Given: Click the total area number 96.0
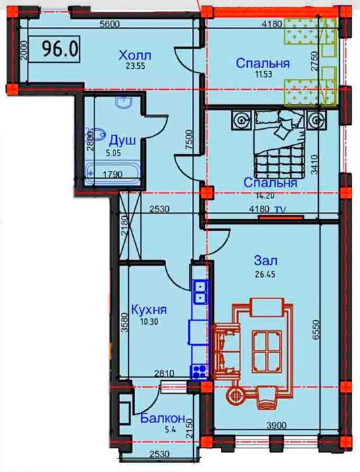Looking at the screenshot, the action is [x=60, y=49].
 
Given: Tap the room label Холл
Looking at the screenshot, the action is [x=135, y=56].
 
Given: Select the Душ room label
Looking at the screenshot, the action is [x=122, y=140].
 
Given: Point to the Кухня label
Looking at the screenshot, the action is [x=149, y=309].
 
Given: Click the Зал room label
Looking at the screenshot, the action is [x=265, y=261].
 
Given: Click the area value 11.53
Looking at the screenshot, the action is [x=264, y=74].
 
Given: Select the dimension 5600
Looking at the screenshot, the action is [x=109, y=24].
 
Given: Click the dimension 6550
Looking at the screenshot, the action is [x=315, y=330].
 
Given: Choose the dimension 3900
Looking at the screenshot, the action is [x=276, y=425].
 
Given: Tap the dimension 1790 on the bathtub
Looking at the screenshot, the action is [x=113, y=174].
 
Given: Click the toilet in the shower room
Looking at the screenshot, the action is [x=96, y=135].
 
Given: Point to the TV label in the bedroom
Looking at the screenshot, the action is [x=280, y=209].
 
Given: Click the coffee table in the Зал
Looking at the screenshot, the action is [x=267, y=351].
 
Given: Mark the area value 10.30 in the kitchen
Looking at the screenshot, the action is [x=149, y=322].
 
